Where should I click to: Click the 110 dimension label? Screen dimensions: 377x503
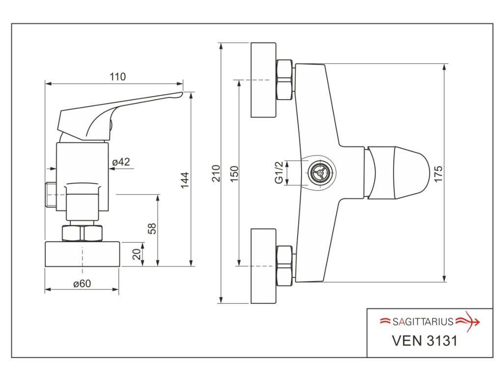pyautogui.click(x=117, y=77)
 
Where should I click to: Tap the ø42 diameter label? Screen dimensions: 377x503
pyautogui.click(x=121, y=162)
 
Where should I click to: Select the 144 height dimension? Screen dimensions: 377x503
pyautogui.click(x=184, y=181)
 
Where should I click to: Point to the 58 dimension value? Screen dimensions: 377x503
pyautogui.click(x=152, y=228)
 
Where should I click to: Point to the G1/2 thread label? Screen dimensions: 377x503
pyautogui.click(x=279, y=173)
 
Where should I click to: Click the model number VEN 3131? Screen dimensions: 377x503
pyautogui.click(x=424, y=341)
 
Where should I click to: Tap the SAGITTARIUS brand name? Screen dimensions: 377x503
pyautogui.click(x=422, y=322)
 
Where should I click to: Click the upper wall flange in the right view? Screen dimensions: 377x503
pyautogui.click(x=264, y=80)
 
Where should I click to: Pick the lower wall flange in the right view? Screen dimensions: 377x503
pyautogui.click(x=264, y=266)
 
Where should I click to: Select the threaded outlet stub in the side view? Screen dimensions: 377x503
pyautogui.click(x=50, y=194)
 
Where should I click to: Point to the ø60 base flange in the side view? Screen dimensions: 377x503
pyautogui.click(x=83, y=254)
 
